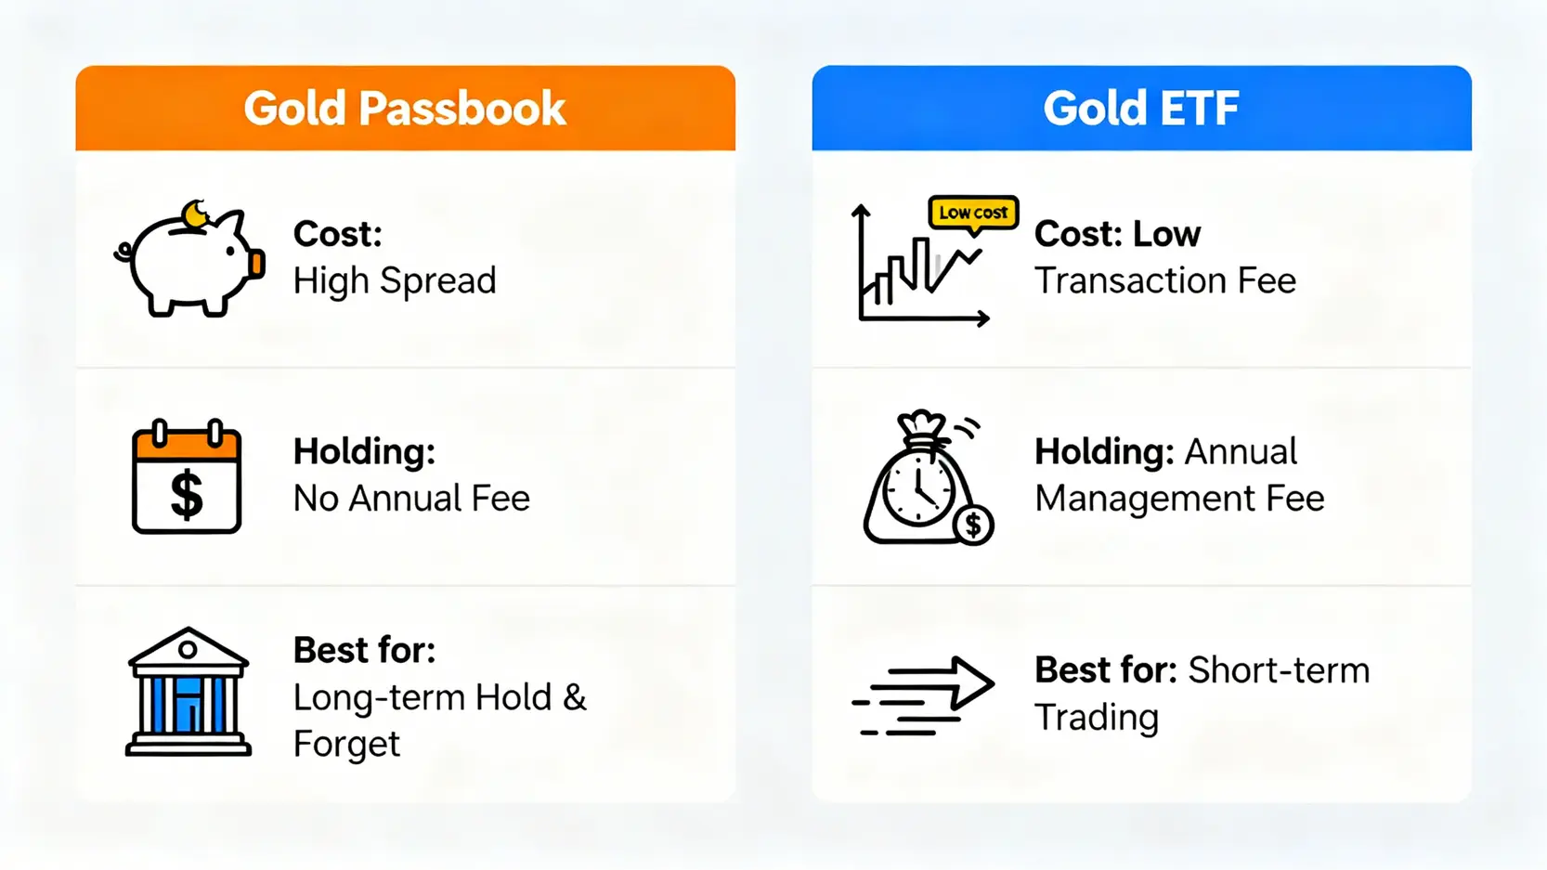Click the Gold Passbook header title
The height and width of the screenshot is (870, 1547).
point(405,109)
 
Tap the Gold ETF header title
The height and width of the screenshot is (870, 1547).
point(1141,109)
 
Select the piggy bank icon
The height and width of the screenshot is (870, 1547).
point(189,259)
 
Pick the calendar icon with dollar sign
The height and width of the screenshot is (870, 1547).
point(187,476)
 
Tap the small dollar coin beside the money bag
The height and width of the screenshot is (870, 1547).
point(973,526)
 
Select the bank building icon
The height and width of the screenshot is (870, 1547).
point(188,692)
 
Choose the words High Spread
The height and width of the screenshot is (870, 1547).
point(395,281)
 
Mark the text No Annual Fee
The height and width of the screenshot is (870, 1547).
point(411,499)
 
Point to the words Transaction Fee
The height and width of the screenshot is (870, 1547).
point(1165,281)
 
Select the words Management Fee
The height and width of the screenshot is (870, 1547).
point(1179,499)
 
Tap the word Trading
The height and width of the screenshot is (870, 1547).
point(1096,718)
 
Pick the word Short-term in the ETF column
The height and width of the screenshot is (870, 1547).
point(1279,670)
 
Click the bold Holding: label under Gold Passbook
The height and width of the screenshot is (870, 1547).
point(364,452)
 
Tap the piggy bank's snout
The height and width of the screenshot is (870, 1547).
point(257,264)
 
